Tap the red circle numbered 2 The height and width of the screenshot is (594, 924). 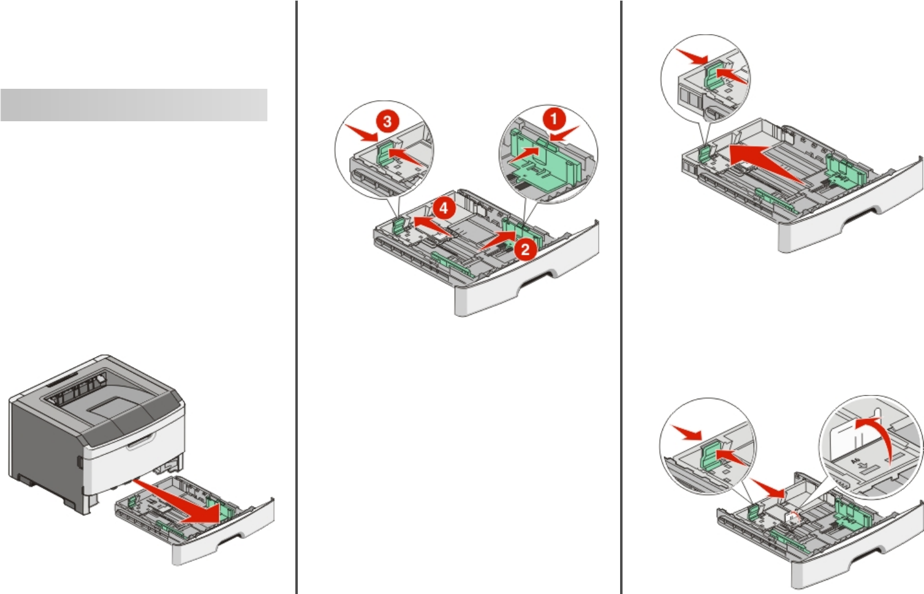click(x=525, y=249)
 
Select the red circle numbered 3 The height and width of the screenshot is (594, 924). click(x=387, y=121)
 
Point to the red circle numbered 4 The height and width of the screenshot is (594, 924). click(x=443, y=208)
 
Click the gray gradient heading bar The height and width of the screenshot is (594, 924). click(x=134, y=105)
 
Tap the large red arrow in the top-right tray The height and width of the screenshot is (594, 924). click(x=766, y=163)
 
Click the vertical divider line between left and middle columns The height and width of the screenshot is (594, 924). click(x=297, y=297)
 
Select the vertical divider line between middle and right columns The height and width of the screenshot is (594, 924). click(x=622, y=297)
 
